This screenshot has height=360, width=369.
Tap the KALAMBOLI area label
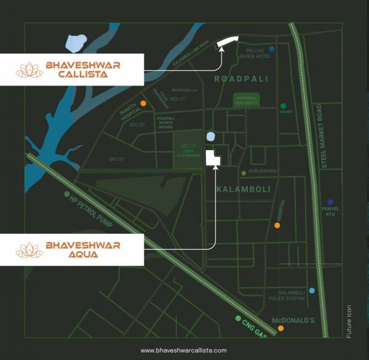pos(243,188)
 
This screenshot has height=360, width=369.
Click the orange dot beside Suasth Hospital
pos(143,103)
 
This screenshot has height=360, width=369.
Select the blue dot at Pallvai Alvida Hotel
pos(271,49)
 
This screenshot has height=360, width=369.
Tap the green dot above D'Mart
pos(284,106)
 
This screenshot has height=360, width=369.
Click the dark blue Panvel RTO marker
pos(330,202)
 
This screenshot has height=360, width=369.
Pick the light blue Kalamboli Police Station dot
pos(312,290)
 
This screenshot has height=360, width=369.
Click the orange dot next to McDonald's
pos(280,329)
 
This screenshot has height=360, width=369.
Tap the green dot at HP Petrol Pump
pos(66,194)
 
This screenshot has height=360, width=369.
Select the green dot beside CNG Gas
pos(237,318)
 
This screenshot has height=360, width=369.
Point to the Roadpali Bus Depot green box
pos(245,100)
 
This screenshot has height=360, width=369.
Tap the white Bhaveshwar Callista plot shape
pos(228,41)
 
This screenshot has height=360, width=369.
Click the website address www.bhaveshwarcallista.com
pos(183,350)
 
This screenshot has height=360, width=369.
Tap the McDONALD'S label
pos(293,320)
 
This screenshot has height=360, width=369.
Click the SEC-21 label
pos(116,159)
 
